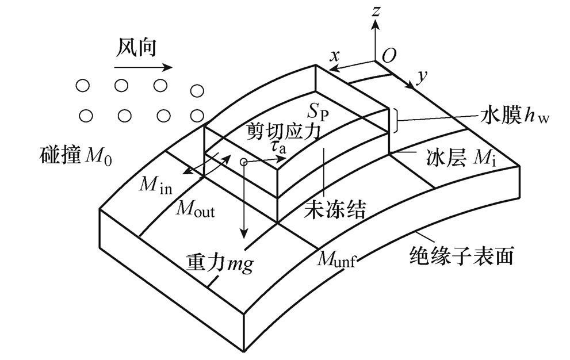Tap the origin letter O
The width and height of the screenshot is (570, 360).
point(389,55)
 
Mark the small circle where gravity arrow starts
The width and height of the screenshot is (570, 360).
point(244,162)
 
